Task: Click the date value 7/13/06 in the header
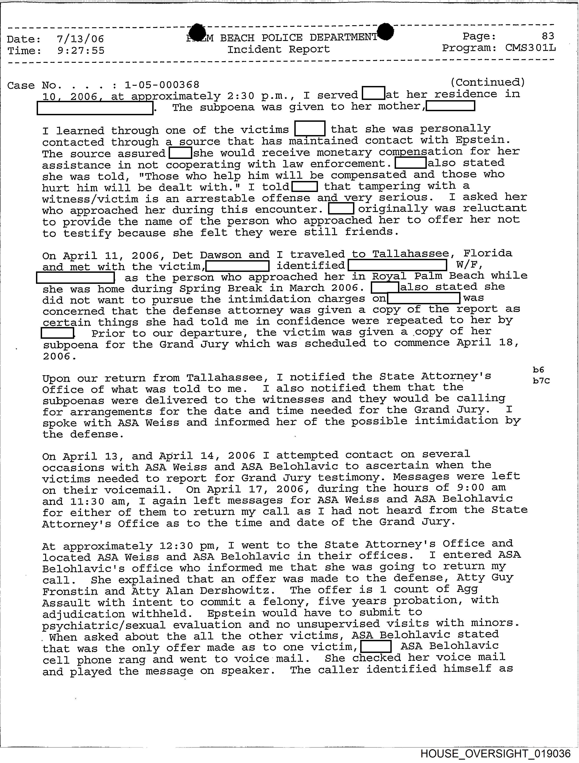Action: point(80,39)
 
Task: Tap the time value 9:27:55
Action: point(81,51)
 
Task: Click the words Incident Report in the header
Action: point(278,49)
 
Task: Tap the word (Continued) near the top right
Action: point(488,82)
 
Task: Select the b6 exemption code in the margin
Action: point(538,370)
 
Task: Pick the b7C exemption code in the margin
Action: point(541,381)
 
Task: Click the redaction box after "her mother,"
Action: point(450,106)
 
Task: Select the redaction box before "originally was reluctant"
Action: point(341,209)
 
